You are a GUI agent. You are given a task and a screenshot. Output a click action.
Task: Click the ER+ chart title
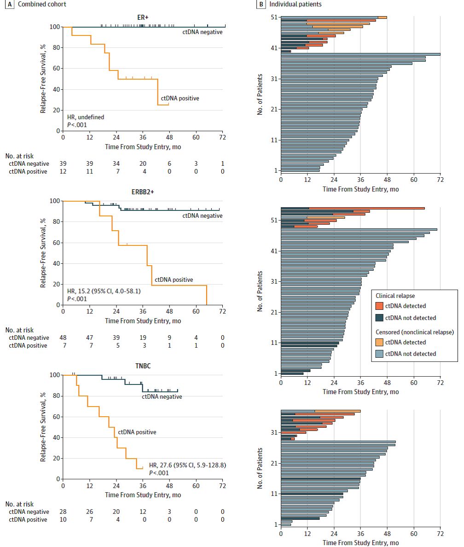143,17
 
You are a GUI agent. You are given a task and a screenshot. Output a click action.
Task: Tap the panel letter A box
4,4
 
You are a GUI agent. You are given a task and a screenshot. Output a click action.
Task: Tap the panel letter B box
261,4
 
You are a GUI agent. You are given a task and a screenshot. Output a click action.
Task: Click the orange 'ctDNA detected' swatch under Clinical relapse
379,306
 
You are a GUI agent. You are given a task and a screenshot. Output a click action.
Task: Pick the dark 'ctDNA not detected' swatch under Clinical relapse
379,318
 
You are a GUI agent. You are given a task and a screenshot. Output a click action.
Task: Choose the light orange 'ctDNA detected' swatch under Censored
379,342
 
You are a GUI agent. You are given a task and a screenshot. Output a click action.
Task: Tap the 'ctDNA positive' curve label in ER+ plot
180,98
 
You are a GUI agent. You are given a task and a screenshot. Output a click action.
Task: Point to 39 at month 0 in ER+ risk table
63,163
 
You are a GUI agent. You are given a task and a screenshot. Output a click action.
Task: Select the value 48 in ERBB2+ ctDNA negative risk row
63,338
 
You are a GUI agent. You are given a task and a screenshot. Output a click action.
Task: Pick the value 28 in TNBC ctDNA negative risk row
63,512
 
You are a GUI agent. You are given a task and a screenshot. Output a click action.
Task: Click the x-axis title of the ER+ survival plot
143,145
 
